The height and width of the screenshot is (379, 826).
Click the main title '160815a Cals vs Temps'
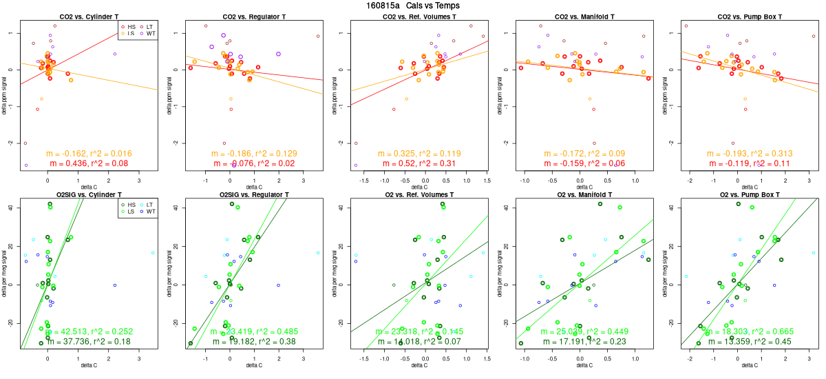[x=413, y=6]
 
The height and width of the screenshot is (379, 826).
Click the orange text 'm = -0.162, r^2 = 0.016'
[x=89, y=154]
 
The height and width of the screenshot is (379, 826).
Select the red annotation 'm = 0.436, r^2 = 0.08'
[x=89, y=163]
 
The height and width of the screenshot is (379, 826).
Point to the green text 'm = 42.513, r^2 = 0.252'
[x=89, y=331]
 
